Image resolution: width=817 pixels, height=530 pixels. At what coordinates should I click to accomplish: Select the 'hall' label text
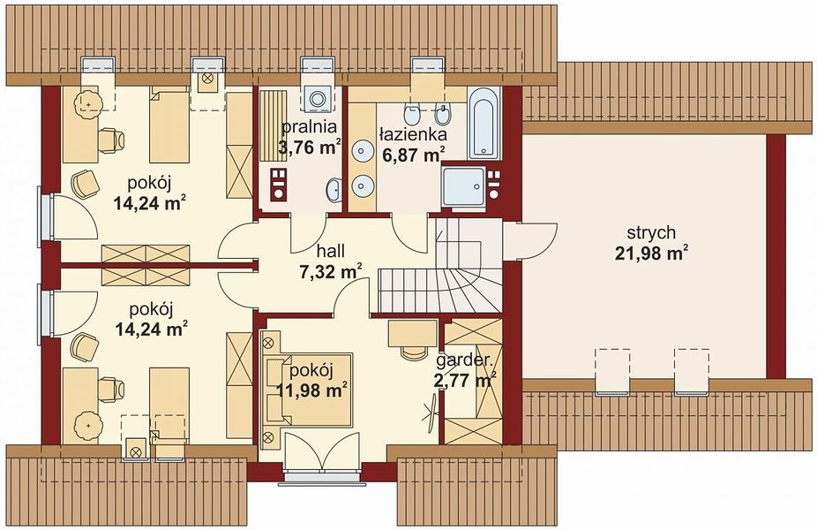point(331,251)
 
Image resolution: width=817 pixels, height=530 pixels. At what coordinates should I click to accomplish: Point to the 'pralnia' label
point(309,127)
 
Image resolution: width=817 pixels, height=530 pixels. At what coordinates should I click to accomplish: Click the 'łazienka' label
point(412,134)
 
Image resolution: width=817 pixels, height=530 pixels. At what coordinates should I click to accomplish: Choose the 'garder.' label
point(464,361)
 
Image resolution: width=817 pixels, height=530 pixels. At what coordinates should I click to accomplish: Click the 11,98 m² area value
point(311,390)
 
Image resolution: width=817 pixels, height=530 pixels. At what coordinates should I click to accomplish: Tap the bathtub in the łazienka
point(484,123)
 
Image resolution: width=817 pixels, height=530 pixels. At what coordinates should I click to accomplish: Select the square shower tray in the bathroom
point(463,185)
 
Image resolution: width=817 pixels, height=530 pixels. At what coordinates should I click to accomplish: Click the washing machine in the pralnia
point(317,97)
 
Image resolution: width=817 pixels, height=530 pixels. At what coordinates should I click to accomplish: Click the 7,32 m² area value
point(331,272)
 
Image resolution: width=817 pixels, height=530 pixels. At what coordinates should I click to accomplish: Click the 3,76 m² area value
point(310,148)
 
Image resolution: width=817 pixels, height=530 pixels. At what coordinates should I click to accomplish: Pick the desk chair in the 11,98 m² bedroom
point(413,351)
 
